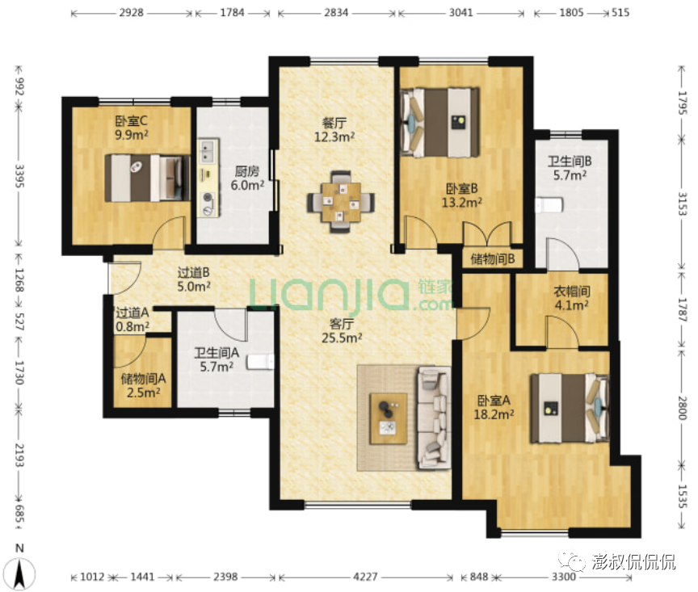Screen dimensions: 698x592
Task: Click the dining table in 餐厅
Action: (x=341, y=203)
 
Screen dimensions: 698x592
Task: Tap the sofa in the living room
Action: (x=434, y=418)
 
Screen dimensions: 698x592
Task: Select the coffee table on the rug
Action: (x=388, y=418)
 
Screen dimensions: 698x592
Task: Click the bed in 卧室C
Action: (x=147, y=178)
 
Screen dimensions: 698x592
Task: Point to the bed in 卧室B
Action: (x=439, y=123)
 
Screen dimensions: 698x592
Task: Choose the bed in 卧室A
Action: (x=569, y=408)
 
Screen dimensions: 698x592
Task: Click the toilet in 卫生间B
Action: (x=549, y=205)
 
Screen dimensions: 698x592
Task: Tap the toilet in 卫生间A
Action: (x=260, y=361)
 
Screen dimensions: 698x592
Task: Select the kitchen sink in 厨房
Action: (x=207, y=151)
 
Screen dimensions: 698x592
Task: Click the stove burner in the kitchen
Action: (x=208, y=204)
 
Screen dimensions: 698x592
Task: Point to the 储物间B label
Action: (x=492, y=258)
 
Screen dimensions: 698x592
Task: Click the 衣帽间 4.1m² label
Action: (x=572, y=298)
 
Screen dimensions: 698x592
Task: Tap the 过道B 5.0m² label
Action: (x=194, y=279)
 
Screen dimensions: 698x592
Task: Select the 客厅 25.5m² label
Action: (x=342, y=330)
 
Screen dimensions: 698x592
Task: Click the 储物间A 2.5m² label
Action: (x=143, y=385)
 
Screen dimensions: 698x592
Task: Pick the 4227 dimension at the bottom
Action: (x=365, y=577)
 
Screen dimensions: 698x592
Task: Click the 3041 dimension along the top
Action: (x=460, y=12)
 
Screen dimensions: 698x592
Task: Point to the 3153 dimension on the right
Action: (x=682, y=204)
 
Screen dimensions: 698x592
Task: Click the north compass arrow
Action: (x=19, y=573)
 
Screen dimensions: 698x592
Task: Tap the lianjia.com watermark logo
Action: (x=351, y=294)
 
